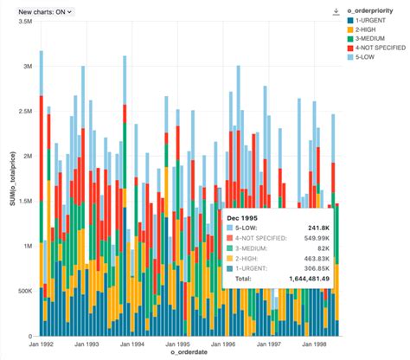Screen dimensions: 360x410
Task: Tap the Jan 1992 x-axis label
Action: (x=42, y=344)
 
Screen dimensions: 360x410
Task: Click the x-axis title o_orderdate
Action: (x=188, y=355)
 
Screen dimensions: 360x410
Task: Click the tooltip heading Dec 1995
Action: (x=247, y=216)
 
